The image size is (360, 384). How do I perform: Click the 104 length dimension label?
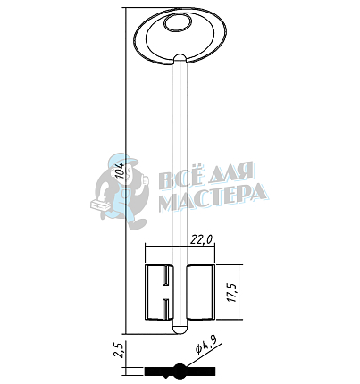click(120, 171)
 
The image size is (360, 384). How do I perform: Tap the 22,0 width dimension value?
click(202, 239)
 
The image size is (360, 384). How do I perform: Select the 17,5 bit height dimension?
click(232, 292)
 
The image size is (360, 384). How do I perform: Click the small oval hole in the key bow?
click(179, 23)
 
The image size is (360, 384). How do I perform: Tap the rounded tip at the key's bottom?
click(180, 329)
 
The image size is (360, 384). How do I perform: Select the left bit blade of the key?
click(159, 292)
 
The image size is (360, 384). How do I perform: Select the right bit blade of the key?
click(201, 292)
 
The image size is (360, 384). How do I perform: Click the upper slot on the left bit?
click(165, 275)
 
